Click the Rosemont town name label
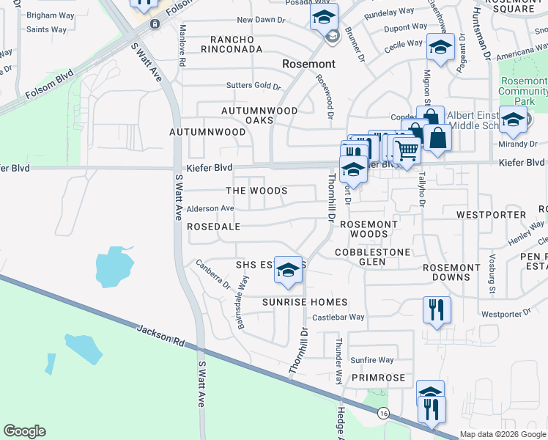click(308, 65)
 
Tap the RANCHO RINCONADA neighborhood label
click(236, 44)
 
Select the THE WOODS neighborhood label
click(256, 191)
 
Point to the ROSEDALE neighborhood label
click(214, 227)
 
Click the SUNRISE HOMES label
click(305, 302)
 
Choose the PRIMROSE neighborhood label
click(377, 378)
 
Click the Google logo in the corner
click(24, 431)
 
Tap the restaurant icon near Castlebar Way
click(437, 309)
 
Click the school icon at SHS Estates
click(289, 271)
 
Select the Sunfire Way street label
click(371, 360)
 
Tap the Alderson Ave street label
click(210, 209)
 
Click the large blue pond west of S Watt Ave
click(114, 265)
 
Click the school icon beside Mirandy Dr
click(512, 120)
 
